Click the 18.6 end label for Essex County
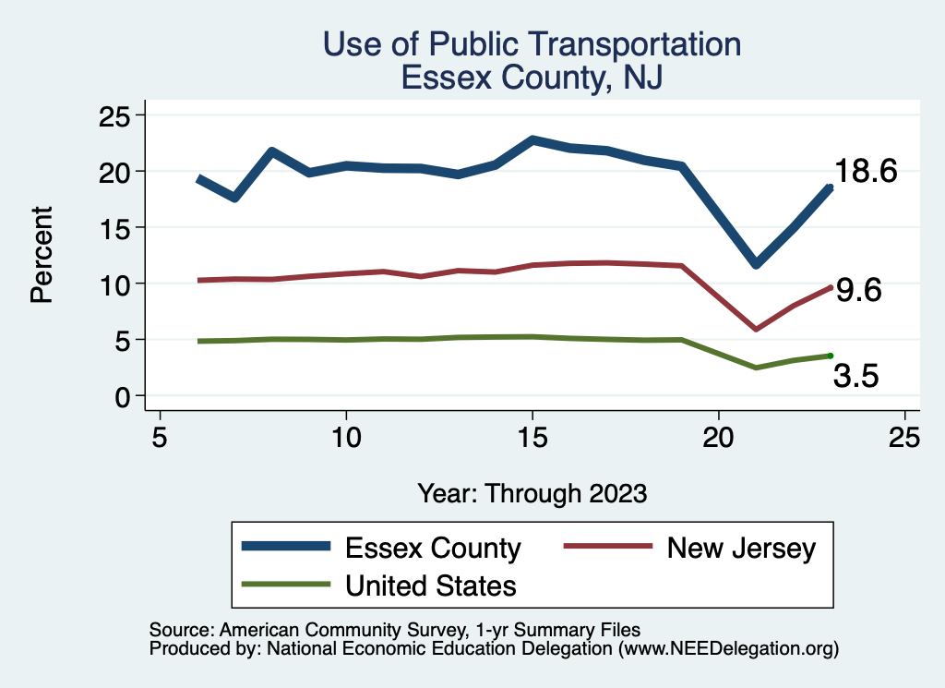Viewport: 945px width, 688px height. coord(867,172)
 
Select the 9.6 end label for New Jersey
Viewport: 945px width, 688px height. coord(858,291)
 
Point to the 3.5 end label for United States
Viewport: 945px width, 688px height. coord(855,376)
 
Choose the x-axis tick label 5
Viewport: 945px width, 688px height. coord(160,437)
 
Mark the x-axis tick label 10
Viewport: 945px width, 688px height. coord(345,437)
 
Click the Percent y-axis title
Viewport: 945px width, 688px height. coord(41,255)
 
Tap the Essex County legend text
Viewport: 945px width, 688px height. coord(433,548)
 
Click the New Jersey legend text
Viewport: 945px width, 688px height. coord(742,548)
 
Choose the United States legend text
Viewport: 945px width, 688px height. coord(431,585)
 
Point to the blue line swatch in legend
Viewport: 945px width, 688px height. coord(286,547)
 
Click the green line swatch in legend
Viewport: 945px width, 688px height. coord(286,585)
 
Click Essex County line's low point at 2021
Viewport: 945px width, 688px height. coord(756,264)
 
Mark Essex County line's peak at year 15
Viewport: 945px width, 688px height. coord(532,140)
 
